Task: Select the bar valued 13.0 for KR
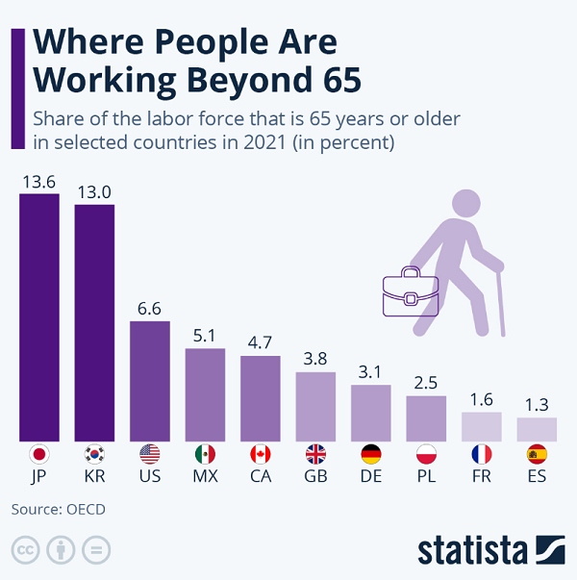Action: [94, 321]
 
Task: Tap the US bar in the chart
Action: [150, 380]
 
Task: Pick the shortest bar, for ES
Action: [537, 428]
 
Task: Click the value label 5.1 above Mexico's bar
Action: [205, 336]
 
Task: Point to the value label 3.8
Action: [315, 359]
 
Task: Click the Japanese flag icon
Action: [39, 454]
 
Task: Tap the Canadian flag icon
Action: [261, 454]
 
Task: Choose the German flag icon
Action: [371, 454]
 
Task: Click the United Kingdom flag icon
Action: [315, 454]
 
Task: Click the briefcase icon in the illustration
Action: [411, 291]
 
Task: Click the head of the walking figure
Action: [465, 203]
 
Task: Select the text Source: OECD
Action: [58, 509]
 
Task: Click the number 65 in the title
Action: [337, 80]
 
